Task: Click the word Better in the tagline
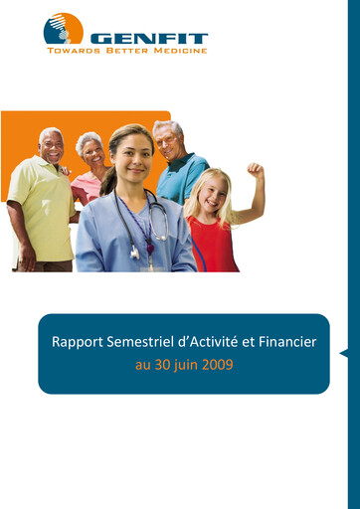pos(128,50)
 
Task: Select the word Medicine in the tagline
pos(179,50)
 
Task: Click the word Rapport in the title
pos(79,342)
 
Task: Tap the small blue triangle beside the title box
pos(343,353)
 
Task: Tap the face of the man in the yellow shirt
pos(52,147)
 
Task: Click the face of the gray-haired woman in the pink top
pos(91,152)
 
